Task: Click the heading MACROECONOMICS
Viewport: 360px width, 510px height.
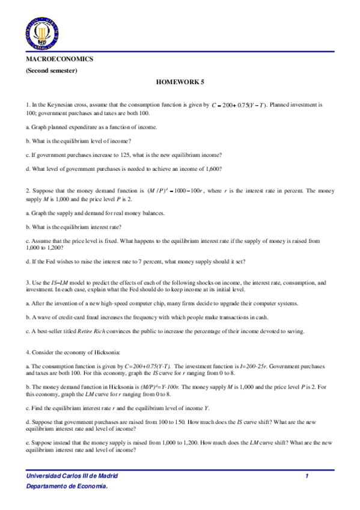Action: click(x=59, y=60)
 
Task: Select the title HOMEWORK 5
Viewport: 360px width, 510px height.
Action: click(x=180, y=82)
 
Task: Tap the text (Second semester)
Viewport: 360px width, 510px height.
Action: click(x=51, y=71)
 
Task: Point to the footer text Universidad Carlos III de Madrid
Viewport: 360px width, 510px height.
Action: click(x=72, y=476)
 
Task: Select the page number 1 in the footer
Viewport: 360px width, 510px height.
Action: click(x=307, y=476)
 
